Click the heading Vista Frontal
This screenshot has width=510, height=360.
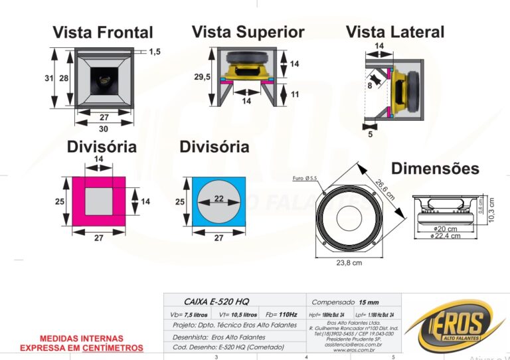click(103, 32)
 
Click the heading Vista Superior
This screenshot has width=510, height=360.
click(248, 32)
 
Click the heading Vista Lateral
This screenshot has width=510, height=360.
click(395, 32)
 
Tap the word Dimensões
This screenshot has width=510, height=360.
click(435, 169)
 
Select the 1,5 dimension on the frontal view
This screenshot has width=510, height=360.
click(154, 51)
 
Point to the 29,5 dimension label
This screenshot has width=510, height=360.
click(203, 77)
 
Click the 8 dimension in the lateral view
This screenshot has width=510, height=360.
click(370, 85)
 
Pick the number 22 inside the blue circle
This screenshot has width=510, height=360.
click(219, 199)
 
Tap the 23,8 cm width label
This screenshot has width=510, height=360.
click(349, 263)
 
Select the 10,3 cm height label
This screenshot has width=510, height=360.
click(492, 210)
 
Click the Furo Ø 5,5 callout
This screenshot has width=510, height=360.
click(305, 178)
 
